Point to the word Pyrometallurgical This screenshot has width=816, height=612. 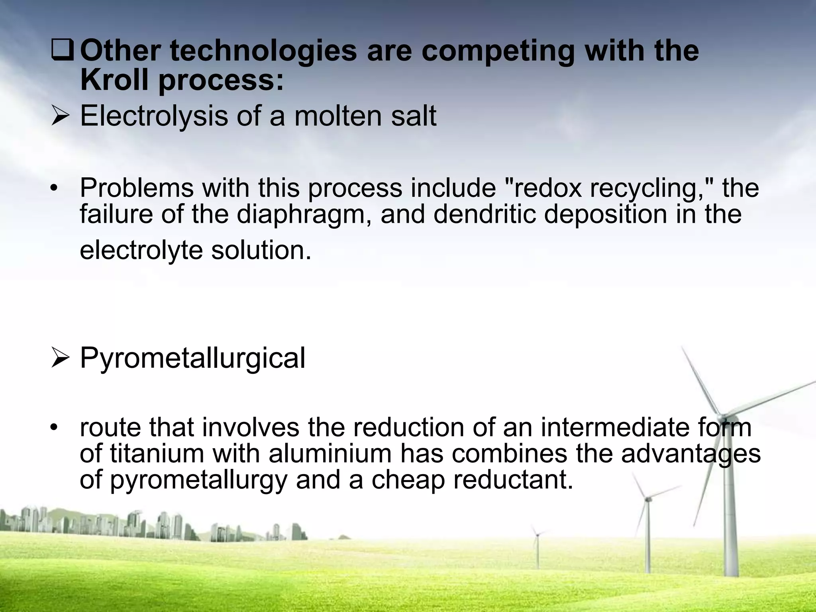coord(192,358)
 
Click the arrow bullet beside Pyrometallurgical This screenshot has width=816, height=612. coord(60,358)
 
